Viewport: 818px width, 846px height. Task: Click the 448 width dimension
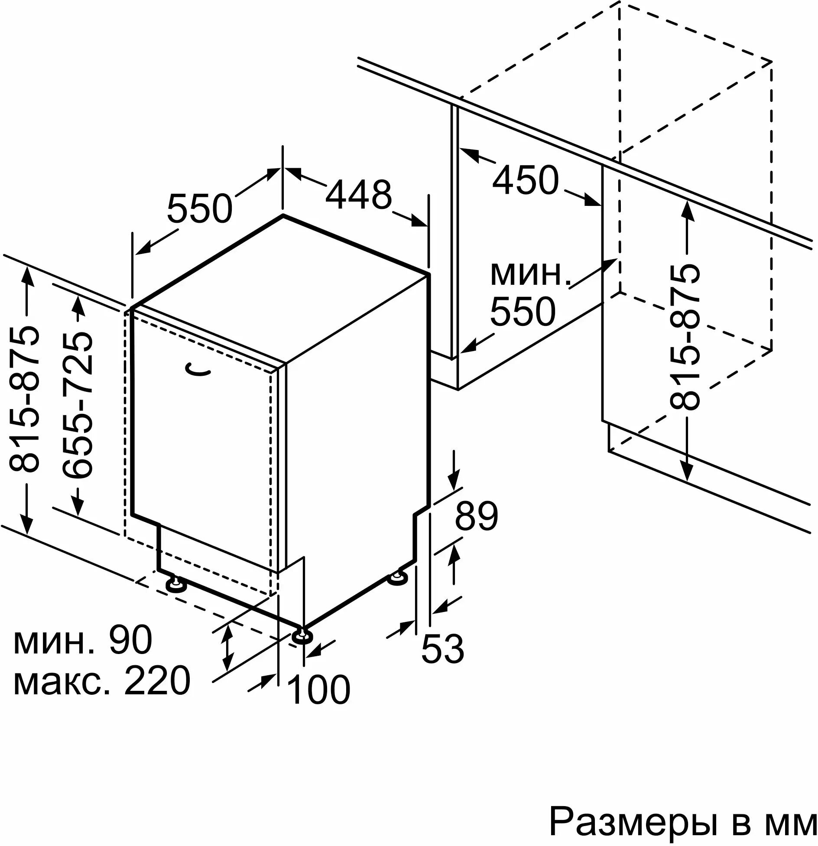click(359, 195)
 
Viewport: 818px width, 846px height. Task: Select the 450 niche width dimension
click(525, 179)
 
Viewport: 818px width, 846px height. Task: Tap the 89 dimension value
click(476, 516)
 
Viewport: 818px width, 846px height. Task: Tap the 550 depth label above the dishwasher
click(200, 208)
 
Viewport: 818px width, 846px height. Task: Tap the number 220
click(157, 680)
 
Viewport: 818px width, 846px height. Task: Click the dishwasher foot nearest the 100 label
click(302, 635)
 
